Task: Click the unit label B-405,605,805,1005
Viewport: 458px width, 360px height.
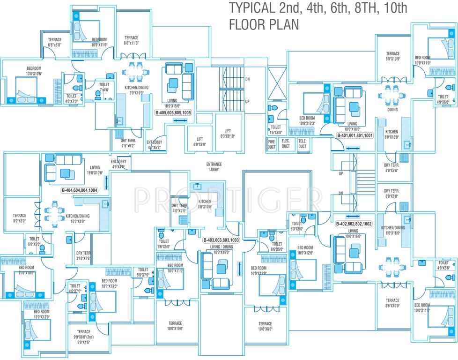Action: pos(174,113)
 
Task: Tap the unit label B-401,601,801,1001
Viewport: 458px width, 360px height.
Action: pos(355,135)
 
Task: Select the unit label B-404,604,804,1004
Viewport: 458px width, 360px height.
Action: pos(80,190)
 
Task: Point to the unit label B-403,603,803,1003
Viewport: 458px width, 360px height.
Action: pos(221,240)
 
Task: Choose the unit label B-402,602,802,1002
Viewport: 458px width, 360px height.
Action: pos(354,224)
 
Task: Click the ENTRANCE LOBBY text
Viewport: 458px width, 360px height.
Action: pos(214,167)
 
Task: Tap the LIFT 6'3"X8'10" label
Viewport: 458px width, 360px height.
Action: pos(228,134)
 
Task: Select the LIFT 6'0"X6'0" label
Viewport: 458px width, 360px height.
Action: pos(199,142)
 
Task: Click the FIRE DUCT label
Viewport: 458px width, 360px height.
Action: pos(272,143)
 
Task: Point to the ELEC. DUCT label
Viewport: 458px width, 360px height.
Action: pos(286,143)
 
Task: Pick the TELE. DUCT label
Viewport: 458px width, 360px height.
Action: pos(303,143)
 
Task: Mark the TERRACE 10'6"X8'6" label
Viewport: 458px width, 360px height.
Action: pos(265,326)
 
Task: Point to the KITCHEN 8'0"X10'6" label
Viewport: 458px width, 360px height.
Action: pos(205,204)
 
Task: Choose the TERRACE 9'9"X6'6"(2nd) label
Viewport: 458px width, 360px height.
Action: pos(83,335)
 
